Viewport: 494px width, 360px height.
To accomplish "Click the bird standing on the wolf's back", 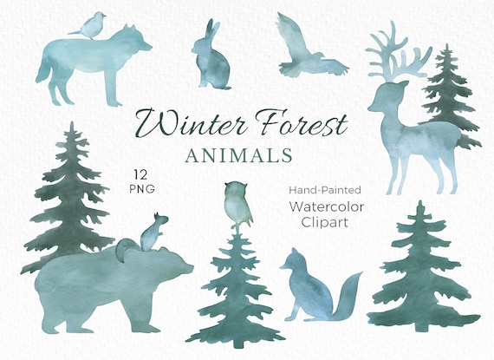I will tap(91, 25).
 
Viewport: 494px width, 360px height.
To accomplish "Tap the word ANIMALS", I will tap(238, 156).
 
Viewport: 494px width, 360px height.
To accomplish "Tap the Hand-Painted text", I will tap(326, 187).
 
